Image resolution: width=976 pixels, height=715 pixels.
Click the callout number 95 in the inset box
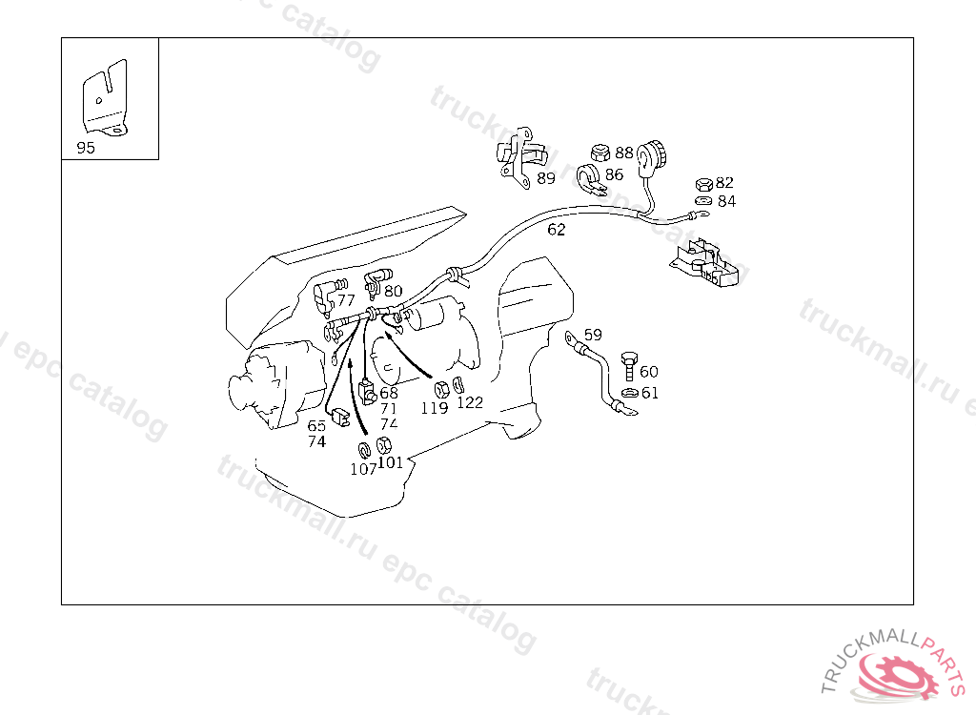(86, 148)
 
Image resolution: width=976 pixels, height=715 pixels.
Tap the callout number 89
(546, 179)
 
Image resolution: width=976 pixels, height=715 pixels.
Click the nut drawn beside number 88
(600, 153)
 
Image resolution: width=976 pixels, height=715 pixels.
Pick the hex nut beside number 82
(704, 184)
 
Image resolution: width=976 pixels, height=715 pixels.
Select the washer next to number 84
(703, 200)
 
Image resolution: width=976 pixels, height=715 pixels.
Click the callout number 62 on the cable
(557, 230)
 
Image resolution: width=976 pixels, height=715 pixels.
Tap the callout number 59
(593, 335)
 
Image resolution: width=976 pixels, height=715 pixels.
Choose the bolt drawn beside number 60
(629, 366)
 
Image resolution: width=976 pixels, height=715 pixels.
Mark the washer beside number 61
(630, 393)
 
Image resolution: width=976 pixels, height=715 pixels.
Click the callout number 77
(346, 300)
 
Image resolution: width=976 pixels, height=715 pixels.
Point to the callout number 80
(394, 291)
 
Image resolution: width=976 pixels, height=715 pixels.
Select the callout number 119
(435, 408)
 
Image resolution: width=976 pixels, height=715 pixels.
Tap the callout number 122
(470, 403)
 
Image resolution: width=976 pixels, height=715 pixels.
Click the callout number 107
(363, 469)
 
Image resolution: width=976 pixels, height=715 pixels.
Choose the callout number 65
(316, 426)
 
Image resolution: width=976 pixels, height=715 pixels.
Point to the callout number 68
(389, 393)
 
